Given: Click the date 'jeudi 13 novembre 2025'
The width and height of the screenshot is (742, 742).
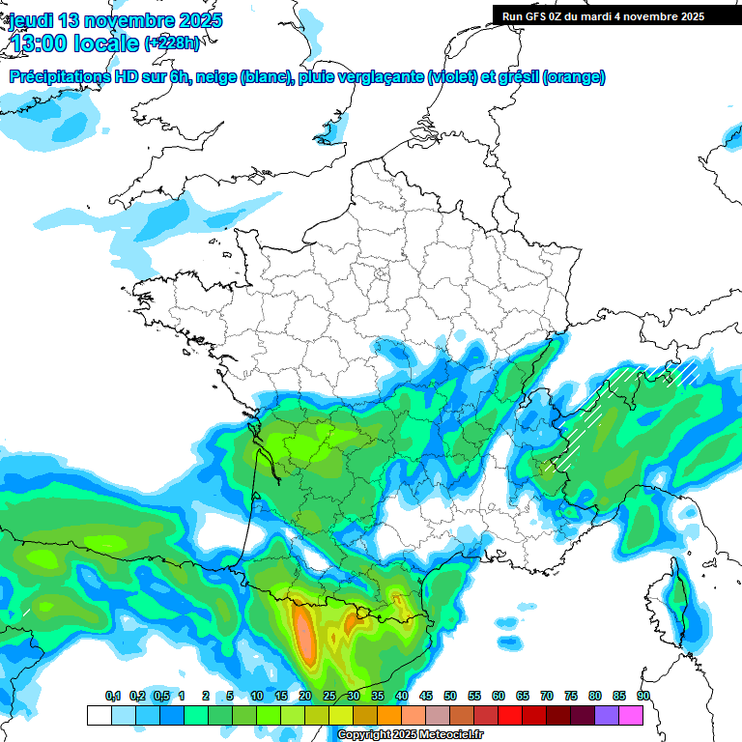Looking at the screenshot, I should [115, 20].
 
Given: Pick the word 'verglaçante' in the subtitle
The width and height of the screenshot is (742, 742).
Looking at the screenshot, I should [382, 77].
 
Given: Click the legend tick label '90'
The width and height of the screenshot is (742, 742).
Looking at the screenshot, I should [643, 697].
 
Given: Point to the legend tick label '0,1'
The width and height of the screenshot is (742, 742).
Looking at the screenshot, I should [113, 697].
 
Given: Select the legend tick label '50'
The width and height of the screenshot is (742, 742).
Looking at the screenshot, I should [450, 697].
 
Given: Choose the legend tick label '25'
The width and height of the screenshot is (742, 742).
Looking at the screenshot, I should [329, 697].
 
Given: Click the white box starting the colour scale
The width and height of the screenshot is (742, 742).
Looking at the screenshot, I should [99, 715].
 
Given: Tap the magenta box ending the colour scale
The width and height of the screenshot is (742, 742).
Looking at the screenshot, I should [631, 715].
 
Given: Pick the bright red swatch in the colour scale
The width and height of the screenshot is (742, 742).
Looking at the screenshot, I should [510, 715].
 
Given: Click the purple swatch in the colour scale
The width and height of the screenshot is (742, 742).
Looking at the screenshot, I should [607, 715].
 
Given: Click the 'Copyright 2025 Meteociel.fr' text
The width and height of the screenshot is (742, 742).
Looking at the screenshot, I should [412, 735].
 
